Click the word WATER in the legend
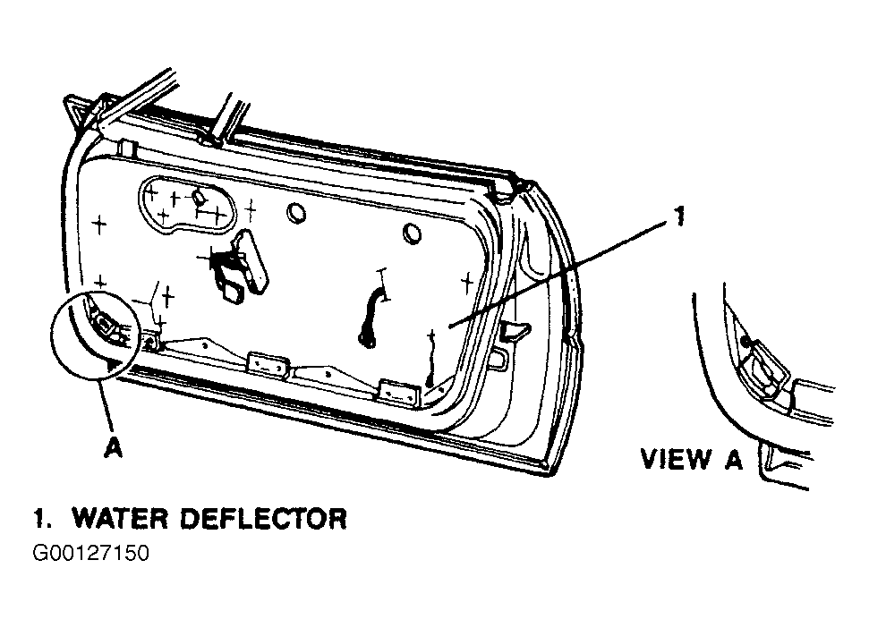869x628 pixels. [120, 518]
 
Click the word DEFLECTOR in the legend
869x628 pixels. [264, 518]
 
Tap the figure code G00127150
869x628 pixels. [91, 553]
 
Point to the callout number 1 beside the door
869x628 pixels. [679, 216]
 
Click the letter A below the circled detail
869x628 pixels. [113, 447]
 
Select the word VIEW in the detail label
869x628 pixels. [676, 459]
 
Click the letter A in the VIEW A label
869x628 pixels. [733, 459]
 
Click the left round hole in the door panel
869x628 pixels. [296, 213]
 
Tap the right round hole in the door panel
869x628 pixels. [412, 233]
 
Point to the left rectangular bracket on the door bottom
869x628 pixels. [268, 365]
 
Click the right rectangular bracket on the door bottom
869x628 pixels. [398, 392]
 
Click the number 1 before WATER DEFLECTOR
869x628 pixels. [40, 518]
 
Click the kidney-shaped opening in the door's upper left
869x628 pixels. [186, 204]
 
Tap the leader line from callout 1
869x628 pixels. [559, 274]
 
